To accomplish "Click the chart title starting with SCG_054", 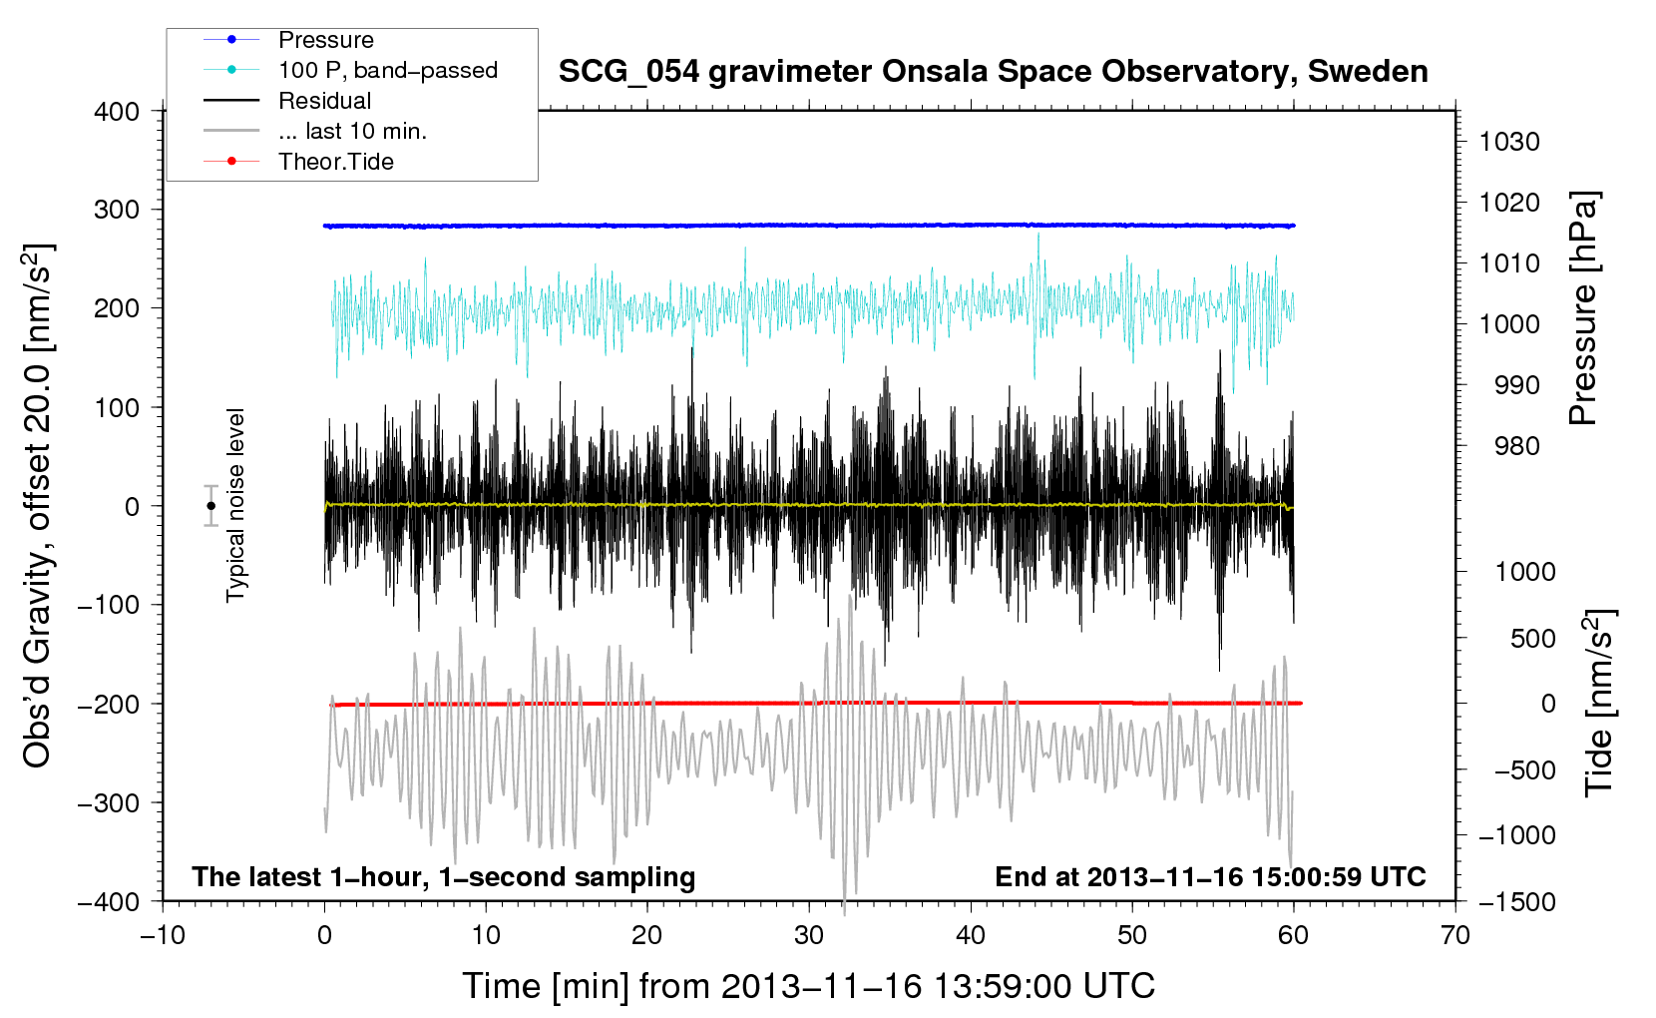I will click(993, 72).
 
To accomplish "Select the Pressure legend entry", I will click(325, 40).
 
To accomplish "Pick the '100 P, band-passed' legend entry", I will click(387, 70).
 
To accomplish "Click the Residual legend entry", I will click(324, 101).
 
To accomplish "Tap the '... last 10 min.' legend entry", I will click(352, 131).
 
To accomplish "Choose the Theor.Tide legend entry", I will click(335, 162).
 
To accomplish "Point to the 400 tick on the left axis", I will click(117, 111).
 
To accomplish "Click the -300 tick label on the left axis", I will click(109, 802).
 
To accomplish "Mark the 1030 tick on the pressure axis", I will click(1508, 142).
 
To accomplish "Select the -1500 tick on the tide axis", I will click(1516, 901).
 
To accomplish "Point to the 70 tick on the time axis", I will click(1454, 935).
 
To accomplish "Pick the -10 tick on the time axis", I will click(163, 935).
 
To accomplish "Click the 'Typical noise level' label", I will click(235, 505).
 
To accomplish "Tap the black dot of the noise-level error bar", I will click(210, 506).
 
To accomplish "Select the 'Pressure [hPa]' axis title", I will click(1583, 308).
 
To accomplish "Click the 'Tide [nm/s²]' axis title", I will click(1599, 704).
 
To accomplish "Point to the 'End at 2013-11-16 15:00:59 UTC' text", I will click(1210, 876).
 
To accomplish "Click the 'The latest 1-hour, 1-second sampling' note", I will click(443, 876).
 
